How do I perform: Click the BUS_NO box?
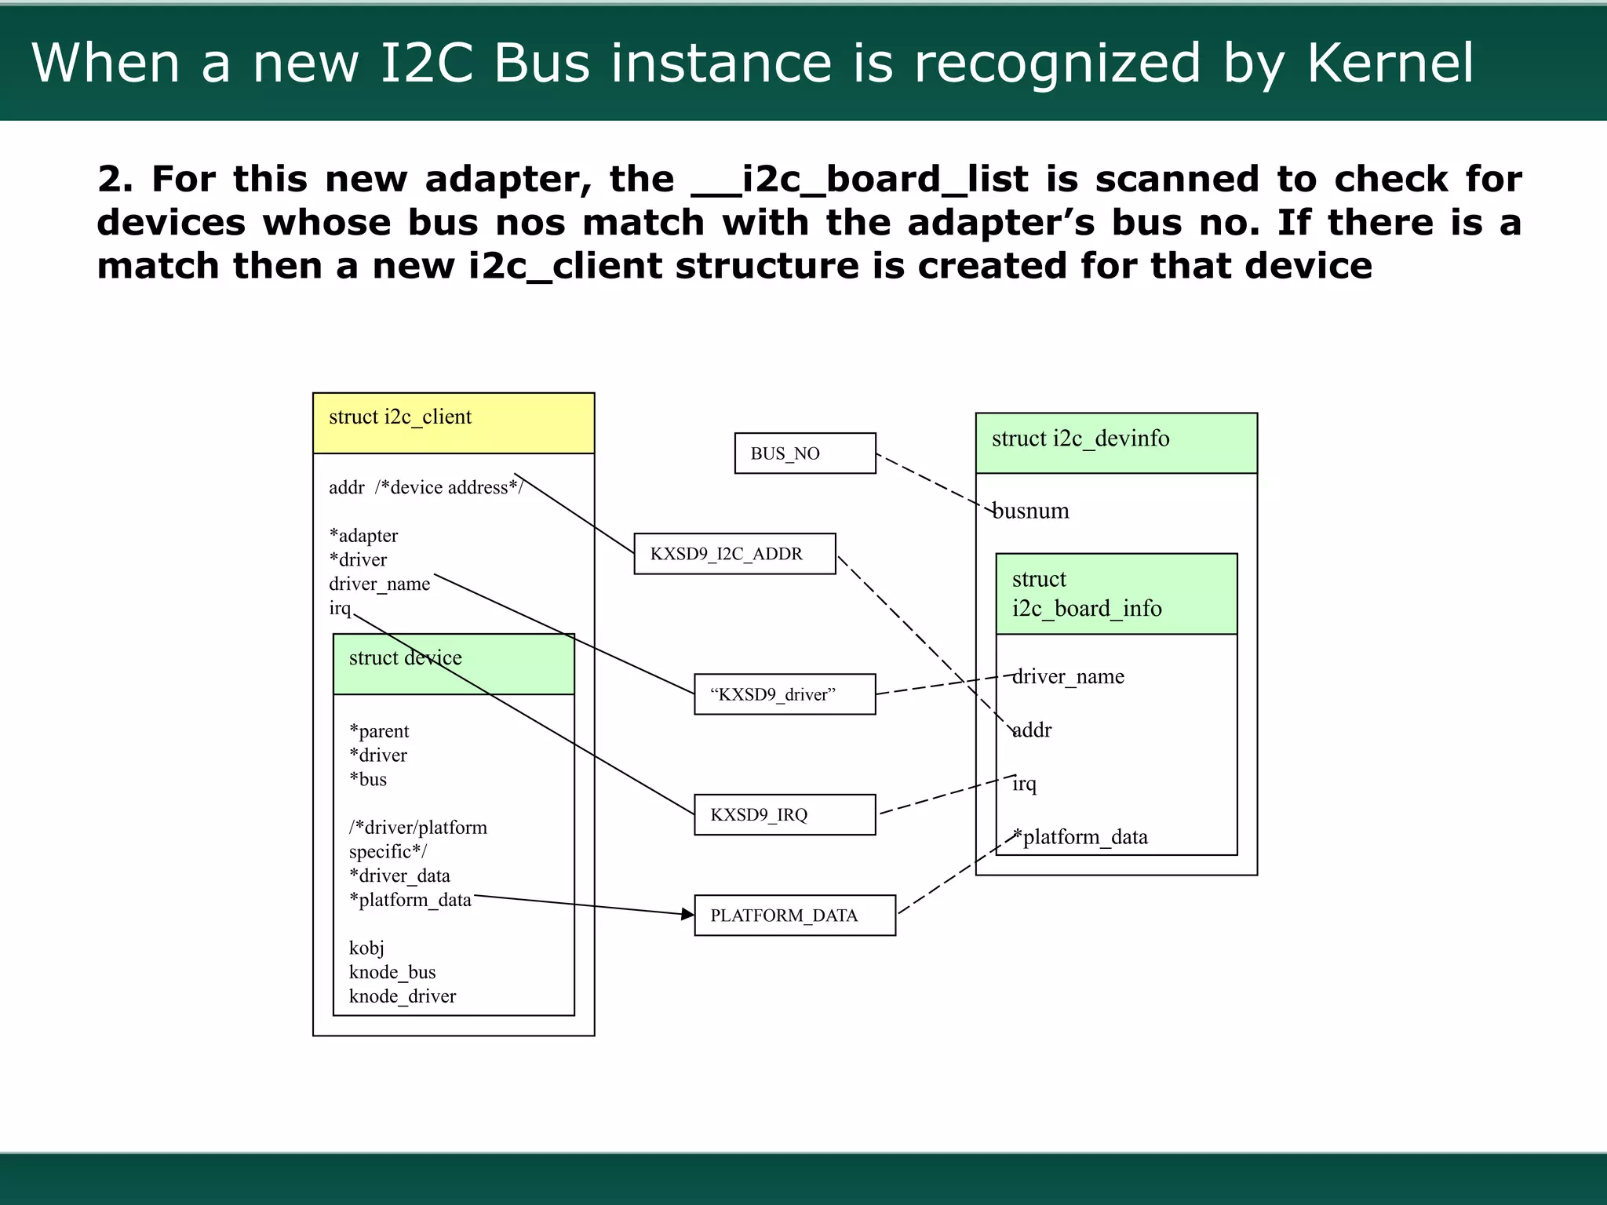tap(804, 453)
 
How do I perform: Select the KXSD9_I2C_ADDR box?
tap(734, 554)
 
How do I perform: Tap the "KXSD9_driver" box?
tap(784, 694)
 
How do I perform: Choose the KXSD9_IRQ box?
tap(784, 814)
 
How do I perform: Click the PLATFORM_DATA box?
tap(794, 916)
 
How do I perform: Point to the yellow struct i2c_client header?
tap(453, 423)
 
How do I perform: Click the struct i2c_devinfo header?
tap(1115, 442)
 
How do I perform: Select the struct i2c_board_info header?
tap(1115, 594)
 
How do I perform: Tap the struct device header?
tap(453, 664)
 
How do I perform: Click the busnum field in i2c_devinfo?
tap(1030, 511)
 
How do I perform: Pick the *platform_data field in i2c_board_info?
tap(1080, 837)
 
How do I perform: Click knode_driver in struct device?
tap(402, 996)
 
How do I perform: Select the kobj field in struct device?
tap(366, 948)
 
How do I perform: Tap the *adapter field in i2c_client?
tap(363, 536)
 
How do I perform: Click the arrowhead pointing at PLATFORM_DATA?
tap(687, 914)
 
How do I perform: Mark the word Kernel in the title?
tap(1390, 63)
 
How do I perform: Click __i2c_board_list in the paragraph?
tap(859, 180)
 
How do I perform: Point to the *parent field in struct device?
tap(379, 731)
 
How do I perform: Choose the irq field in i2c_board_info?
tap(1024, 784)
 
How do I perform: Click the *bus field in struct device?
tap(368, 780)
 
